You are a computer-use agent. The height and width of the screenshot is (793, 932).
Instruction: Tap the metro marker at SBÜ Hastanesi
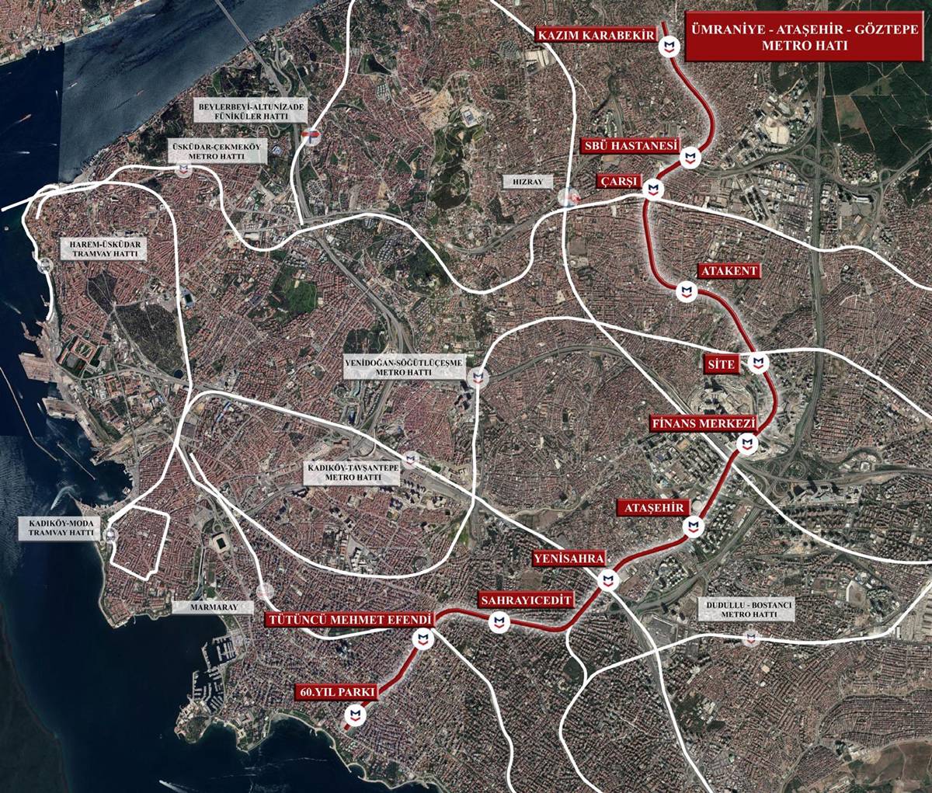[x=690, y=158]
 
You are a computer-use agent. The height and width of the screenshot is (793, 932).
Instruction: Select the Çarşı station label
[x=618, y=182]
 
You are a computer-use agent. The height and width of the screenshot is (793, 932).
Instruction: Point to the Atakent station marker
[x=685, y=291]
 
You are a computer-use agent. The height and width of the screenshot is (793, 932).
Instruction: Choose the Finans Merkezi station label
[x=704, y=424]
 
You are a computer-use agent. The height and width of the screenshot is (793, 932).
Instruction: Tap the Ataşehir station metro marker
[x=693, y=527]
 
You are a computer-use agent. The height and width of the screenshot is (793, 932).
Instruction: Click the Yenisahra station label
[x=568, y=558]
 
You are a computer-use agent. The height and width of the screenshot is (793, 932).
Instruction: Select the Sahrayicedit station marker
[x=499, y=622]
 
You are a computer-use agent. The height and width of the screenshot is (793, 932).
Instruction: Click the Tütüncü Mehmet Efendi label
[x=348, y=620]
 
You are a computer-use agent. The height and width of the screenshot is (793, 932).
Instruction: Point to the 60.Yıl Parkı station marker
[x=355, y=715]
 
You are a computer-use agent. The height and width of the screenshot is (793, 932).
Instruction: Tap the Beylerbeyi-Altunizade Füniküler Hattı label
[x=242, y=110]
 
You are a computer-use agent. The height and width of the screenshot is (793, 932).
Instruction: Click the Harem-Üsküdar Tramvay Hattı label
[x=103, y=249]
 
